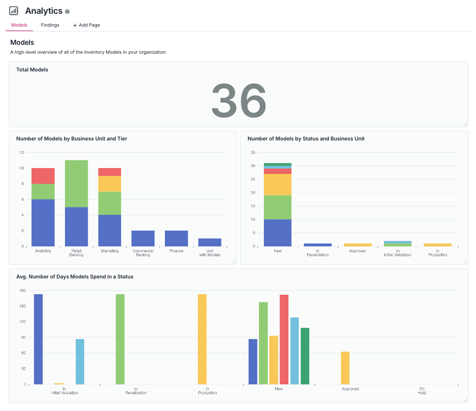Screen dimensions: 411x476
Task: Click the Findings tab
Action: [x=50, y=25]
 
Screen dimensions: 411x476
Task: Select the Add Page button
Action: [x=87, y=25]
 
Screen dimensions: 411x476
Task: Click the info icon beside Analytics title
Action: [x=67, y=11]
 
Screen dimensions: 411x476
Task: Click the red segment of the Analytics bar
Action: [x=43, y=176]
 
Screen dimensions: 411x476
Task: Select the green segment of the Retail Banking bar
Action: [x=76, y=183]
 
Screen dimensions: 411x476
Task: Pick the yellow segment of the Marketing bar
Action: [x=110, y=184]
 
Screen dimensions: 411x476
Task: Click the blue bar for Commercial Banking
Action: [x=143, y=239]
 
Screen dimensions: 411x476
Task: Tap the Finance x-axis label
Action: [x=176, y=251]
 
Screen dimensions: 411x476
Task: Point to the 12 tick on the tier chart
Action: [x=21, y=152]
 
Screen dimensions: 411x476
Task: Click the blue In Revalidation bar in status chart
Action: [x=317, y=244]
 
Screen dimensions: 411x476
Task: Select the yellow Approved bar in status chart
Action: [x=357, y=244]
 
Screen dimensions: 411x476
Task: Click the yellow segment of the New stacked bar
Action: [x=278, y=185]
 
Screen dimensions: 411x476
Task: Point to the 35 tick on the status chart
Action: [x=253, y=152]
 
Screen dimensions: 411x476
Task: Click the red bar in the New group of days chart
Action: [x=284, y=339]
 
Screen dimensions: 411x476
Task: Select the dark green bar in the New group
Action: [x=305, y=356]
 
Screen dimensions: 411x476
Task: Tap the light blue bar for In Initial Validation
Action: [x=80, y=361]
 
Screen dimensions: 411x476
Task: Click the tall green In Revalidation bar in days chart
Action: [x=120, y=339]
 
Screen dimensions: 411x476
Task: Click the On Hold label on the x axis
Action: [x=422, y=391]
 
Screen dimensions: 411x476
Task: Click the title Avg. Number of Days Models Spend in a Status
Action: [x=74, y=277]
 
